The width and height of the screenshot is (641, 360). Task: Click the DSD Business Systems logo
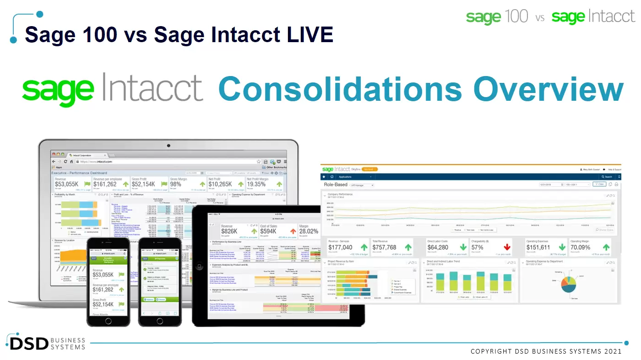46,343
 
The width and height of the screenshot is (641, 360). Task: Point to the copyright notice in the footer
546,351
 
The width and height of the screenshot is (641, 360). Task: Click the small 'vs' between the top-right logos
540,18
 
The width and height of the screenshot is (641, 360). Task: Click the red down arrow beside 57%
506,248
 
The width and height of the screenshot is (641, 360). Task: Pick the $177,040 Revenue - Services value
340,248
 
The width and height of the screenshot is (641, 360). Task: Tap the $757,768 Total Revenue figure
384,248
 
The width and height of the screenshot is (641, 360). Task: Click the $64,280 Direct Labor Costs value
438,248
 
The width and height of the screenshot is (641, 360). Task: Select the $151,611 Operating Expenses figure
538,248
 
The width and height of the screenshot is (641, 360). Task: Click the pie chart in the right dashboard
569,284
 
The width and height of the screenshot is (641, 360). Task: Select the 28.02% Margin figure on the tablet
309,232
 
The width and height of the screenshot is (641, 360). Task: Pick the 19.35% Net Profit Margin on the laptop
256,184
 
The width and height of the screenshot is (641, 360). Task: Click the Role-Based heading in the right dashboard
336,185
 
